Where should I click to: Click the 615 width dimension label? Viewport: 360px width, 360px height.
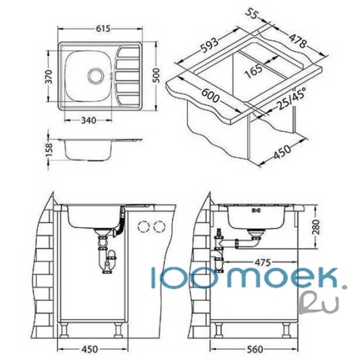tap(103, 29)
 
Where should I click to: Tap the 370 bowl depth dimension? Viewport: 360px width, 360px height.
tap(49, 76)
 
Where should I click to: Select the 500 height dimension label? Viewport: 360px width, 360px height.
tap(156, 76)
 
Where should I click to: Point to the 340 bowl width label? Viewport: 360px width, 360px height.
tap(89, 120)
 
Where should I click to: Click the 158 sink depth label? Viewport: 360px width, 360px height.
tap(49, 150)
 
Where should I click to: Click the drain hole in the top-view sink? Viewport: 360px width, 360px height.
tap(96, 76)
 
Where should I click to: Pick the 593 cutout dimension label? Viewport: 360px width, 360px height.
tap(210, 45)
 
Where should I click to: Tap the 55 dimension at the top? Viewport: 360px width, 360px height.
tap(251, 14)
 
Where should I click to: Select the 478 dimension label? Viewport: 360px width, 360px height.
tap(297, 41)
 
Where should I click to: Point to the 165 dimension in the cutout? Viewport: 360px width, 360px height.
tap(253, 71)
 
